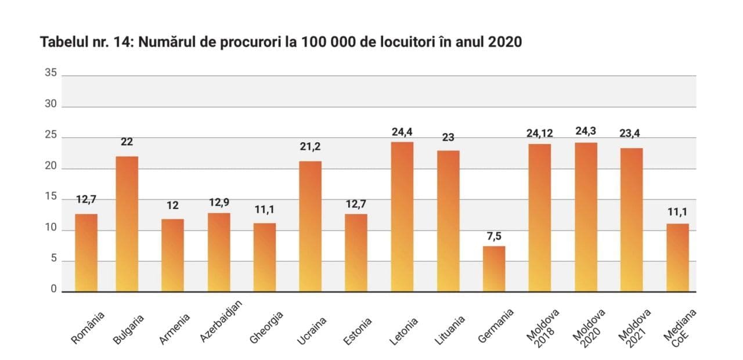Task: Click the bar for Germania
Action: click(494, 269)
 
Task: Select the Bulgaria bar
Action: click(127, 224)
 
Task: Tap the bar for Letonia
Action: click(402, 217)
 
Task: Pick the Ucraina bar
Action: click(310, 226)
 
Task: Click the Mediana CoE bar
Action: click(677, 257)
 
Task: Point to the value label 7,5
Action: click(494, 237)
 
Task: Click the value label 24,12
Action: click(539, 134)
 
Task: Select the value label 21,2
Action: click(310, 147)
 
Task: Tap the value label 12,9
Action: click(219, 202)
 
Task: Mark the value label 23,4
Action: click(631, 134)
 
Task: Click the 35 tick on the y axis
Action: click(51, 73)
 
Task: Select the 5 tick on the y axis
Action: click(53, 260)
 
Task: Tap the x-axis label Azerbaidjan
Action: click(221, 322)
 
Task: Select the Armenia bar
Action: click(172, 255)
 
